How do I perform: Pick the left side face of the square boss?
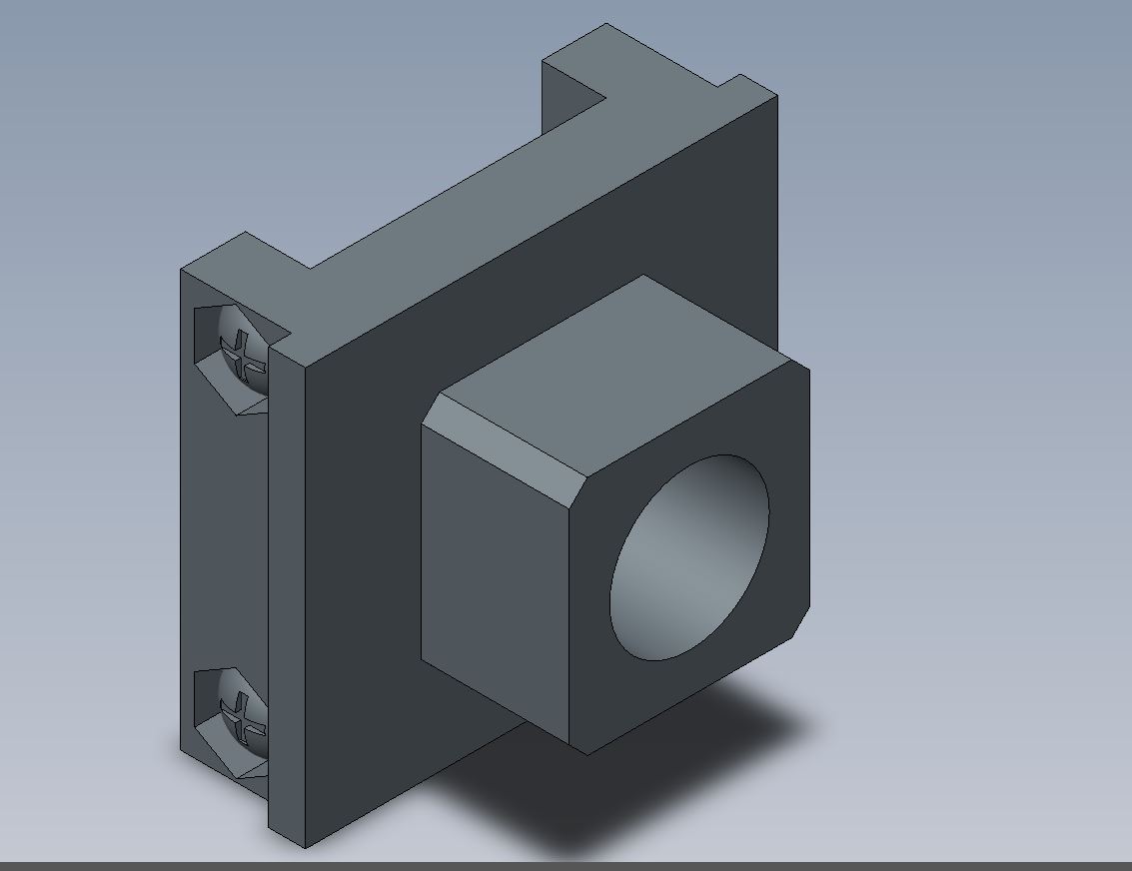pyautogui.click(x=495, y=569)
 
